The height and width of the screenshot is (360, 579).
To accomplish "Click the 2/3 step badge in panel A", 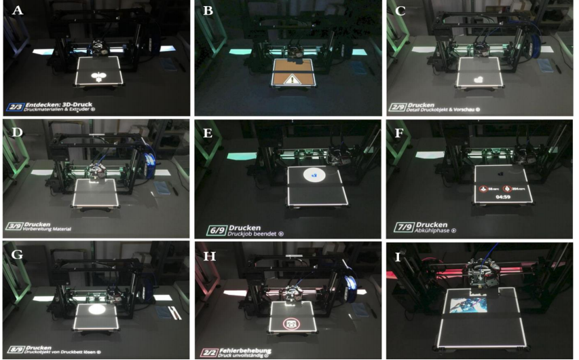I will pos(14,107).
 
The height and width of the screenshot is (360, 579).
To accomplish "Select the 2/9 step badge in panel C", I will pos(398,107).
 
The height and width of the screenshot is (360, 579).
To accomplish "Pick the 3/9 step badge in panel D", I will pos(14,226).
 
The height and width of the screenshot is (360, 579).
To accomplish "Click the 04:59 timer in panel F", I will pos(503,197).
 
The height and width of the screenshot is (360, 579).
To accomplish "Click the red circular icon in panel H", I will pos(292,324).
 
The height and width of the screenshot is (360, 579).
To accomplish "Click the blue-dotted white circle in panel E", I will pos(312,175).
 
